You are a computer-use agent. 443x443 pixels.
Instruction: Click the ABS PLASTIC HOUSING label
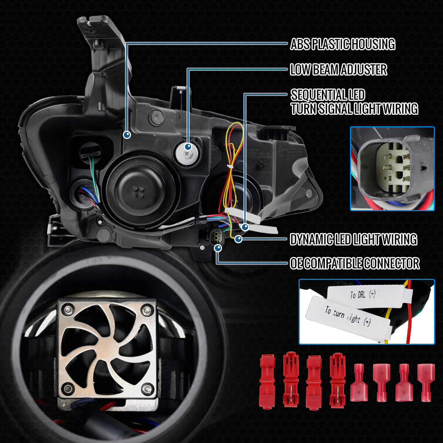click(342, 44)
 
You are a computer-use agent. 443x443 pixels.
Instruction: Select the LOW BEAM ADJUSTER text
click(338, 69)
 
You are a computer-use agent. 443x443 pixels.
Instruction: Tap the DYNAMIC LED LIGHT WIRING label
click(353, 239)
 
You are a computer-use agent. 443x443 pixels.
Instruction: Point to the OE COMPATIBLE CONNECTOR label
click(354, 264)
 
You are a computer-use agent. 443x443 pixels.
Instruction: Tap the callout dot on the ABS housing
click(127, 135)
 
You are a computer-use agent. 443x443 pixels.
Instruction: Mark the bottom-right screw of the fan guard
click(148, 388)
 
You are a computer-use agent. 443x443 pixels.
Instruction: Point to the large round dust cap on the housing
click(139, 190)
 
